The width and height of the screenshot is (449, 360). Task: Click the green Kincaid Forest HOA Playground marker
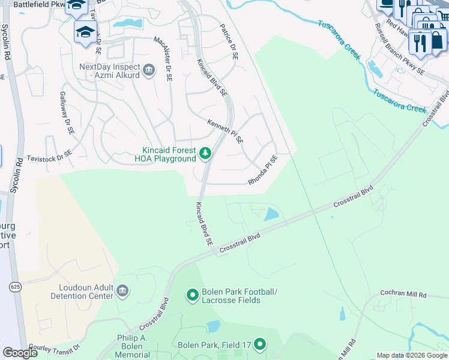pyautogui.click(x=205, y=154)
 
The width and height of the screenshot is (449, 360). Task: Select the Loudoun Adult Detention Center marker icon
pyautogui.click(x=122, y=292)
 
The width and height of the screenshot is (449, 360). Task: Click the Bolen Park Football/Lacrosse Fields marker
pyautogui.click(x=192, y=295)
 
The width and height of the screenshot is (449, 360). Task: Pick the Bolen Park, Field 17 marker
pyautogui.click(x=260, y=344)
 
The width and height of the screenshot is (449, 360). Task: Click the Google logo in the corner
pyautogui.click(x=20, y=353)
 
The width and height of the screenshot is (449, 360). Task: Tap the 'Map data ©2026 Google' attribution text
pyautogui.click(x=411, y=355)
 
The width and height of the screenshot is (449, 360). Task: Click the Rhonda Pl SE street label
pyautogui.click(x=263, y=170)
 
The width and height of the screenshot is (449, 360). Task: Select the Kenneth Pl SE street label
pyautogui.click(x=225, y=131)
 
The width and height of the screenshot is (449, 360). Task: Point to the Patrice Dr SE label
pyautogui.click(x=228, y=41)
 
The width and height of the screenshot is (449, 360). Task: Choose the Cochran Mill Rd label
pyautogui.click(x=403, y=295)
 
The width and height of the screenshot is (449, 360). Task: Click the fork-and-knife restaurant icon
pyautogui.click(x=421, y=42)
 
